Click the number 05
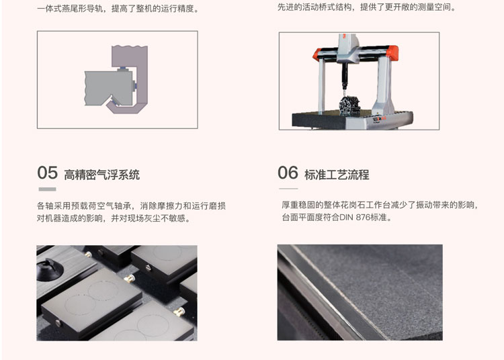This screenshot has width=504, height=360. tap(47, 173)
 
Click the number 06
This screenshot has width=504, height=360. tap(288, 173)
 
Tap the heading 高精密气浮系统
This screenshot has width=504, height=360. tap(101, 175)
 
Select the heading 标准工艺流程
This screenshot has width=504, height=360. tap(337, 175)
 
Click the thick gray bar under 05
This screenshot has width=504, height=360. tap(47, 189)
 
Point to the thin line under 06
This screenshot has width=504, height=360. tap(288, 189)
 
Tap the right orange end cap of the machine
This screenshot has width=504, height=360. tap(393, 52)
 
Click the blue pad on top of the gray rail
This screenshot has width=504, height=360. tap(122, 69)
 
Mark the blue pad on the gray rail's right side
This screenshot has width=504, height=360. tap(135, 86)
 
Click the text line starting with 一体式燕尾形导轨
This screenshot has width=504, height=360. tap(118, 9)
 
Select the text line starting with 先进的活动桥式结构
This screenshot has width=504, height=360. tap(367, 7)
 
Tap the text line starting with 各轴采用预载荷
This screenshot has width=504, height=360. tap(131, 206)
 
